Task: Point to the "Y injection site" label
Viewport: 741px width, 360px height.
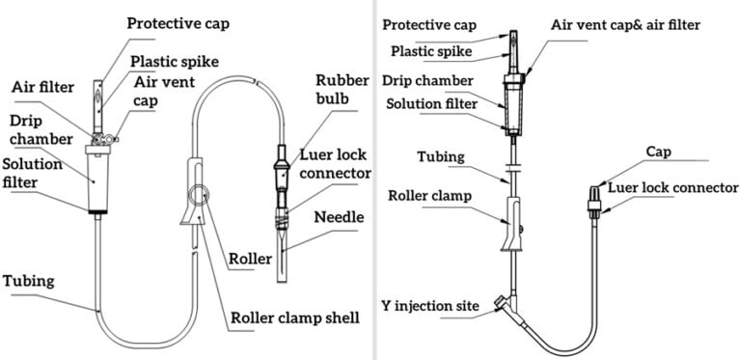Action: coord(430,307)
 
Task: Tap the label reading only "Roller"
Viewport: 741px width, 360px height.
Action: coord(251,259)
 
